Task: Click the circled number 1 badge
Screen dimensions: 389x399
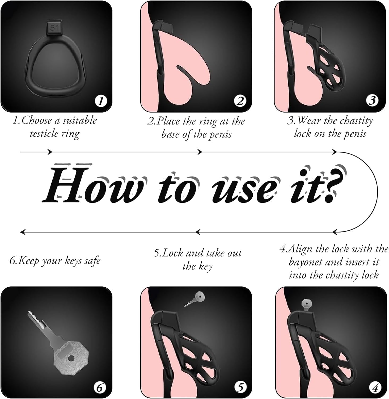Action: [x=101, y=101]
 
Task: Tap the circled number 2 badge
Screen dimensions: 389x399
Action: [x=240, y=101]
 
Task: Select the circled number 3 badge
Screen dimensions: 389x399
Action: [x=372, y=101]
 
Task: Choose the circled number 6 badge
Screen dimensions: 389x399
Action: [x=100, y=388]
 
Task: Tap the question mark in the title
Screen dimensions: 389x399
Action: [x=333, y=184]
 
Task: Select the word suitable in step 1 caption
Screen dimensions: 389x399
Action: [x=79, y=120]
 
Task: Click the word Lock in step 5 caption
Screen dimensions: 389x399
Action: [x=173, y=253]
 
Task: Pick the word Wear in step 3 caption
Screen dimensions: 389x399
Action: [x=309, y=120]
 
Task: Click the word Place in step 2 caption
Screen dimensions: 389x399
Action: [x=168, y=121]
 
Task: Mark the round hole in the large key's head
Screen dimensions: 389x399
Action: [x=71, y=359]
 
